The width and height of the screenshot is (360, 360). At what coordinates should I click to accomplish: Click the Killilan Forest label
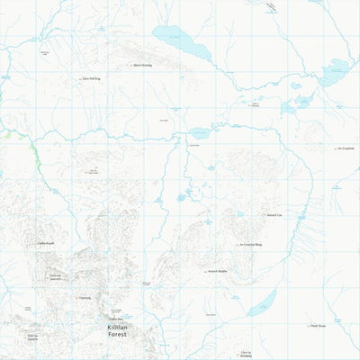[117, 330]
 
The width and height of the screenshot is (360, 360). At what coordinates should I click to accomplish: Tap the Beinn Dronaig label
[143, 66]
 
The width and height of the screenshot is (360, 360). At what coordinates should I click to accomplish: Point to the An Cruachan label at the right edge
[346, 148]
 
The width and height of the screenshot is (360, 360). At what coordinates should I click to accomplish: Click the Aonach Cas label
[274, 217]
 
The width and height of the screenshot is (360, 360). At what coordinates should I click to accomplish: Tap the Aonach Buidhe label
[218, 271]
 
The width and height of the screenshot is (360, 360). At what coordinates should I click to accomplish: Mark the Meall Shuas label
[318, 327]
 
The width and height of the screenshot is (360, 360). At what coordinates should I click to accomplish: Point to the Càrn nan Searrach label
[55, 277]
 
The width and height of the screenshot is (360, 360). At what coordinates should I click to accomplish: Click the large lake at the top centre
[180, 42]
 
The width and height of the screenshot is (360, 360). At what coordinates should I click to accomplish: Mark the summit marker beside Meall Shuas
[306, 327]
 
